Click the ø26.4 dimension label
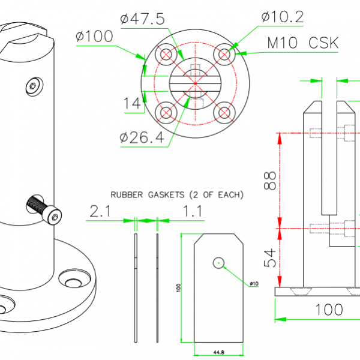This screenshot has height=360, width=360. (x=142, y=137)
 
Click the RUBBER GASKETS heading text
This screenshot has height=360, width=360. (x=177, y=194)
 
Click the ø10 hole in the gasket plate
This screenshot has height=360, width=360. (x=218, y=262)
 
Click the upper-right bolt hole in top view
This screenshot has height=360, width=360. (x=224, y=55)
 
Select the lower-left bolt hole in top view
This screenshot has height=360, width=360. (x=166, y=112)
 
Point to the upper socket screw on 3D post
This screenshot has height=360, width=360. (x=34, y=86)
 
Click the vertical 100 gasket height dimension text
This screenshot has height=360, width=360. (x=178, y=288)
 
